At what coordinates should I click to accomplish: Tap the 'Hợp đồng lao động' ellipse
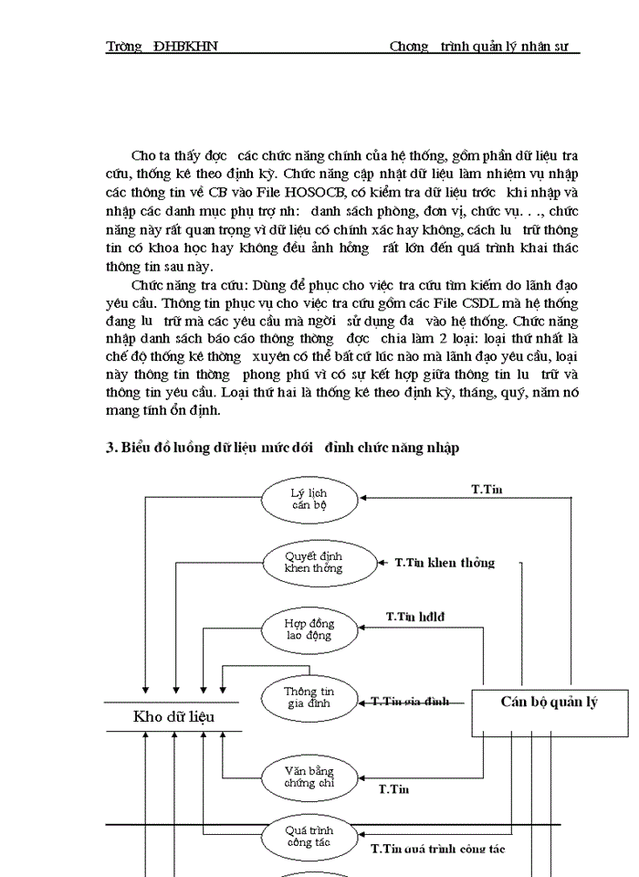point(309,629)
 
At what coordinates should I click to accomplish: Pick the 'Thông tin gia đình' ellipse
point(309,698)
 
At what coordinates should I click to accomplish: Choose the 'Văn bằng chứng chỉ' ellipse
point(309,777)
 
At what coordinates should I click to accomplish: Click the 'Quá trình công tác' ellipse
point(309,836)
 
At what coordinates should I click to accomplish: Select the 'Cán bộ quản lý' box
point(549,703)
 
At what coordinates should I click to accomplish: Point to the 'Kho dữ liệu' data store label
point(173,716)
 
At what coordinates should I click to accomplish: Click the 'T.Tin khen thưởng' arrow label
point(445,563)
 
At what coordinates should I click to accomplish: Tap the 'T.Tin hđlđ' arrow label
point(415,618)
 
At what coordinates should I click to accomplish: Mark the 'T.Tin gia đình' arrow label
point(410,702)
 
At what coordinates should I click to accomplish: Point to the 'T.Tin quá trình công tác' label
point(438,849)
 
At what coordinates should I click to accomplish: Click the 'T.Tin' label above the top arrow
point(487,490)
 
